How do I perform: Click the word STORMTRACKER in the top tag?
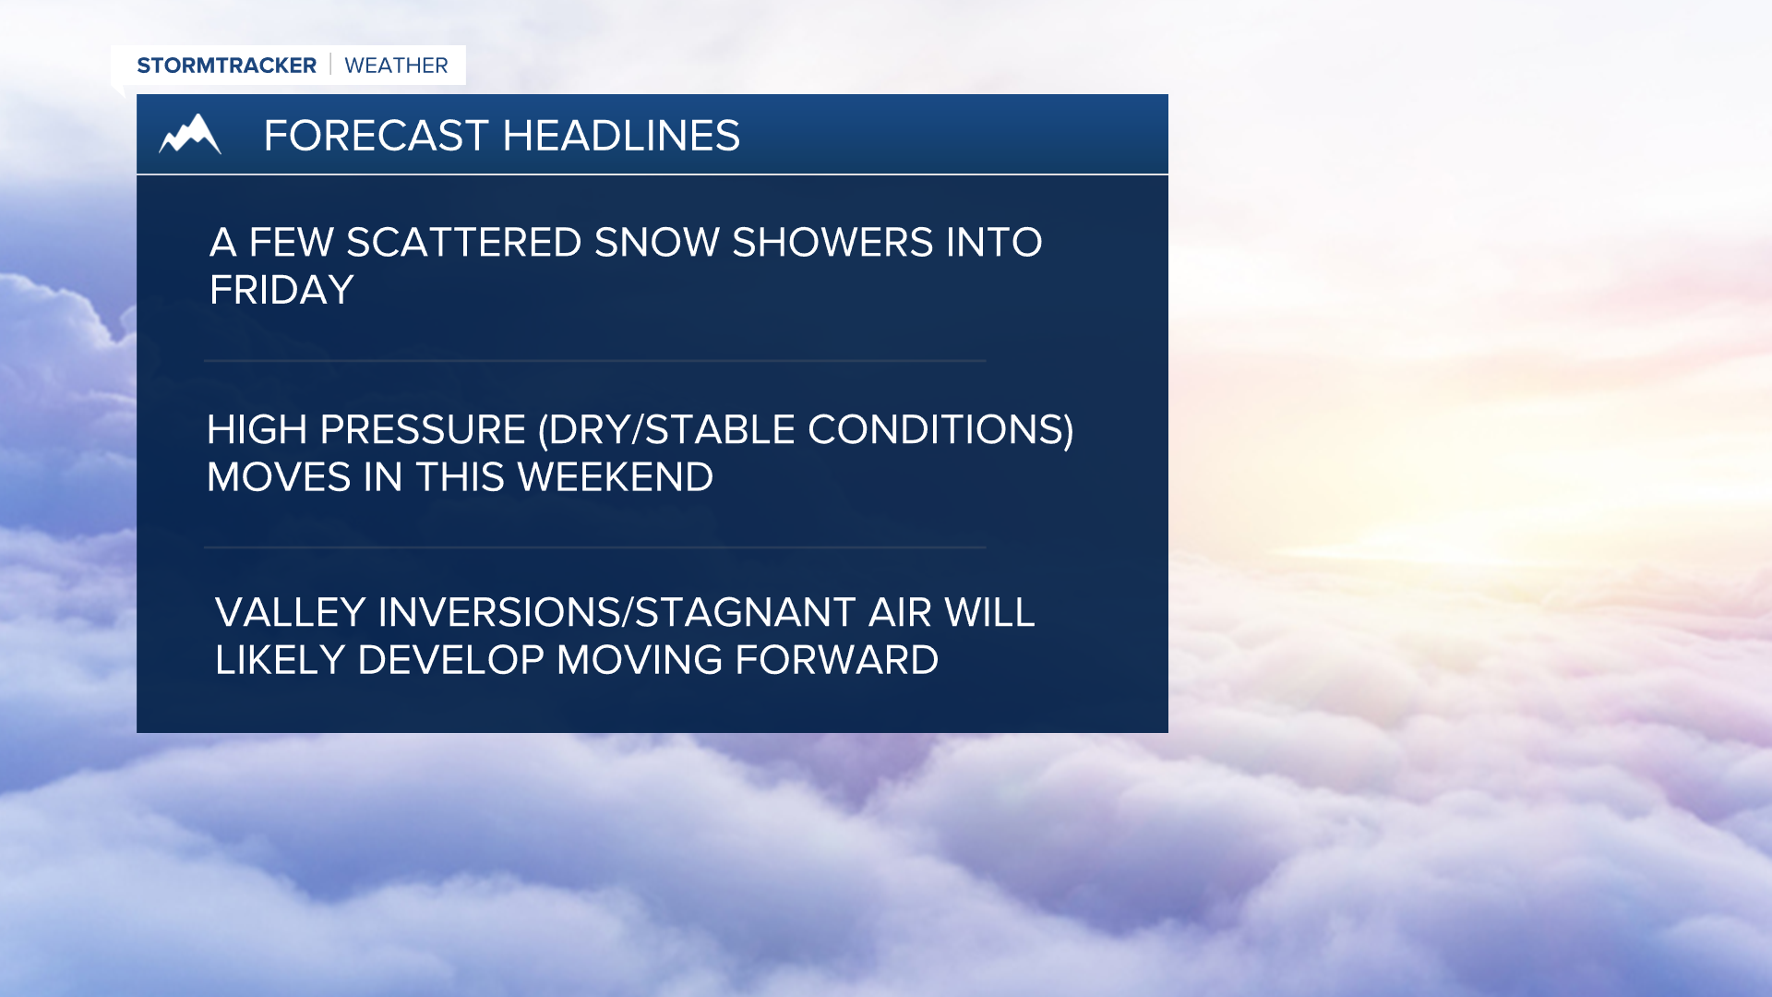pos(226,66)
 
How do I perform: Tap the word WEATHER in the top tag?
pos(396,66)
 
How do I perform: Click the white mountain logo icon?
pos(190,135)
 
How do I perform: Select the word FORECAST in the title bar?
pos(376,136)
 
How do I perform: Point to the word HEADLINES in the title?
pos(621,136)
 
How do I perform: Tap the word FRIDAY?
pos(281,291)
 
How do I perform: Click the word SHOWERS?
pos(832,243)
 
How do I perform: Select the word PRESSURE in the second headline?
pos(423,430)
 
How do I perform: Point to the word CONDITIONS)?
pos(940,430)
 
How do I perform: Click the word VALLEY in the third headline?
pos(290,613)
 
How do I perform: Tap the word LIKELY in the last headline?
pos(280,660)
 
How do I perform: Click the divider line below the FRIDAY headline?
pos(595,361)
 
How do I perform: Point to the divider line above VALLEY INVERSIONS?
pos(595,547)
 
